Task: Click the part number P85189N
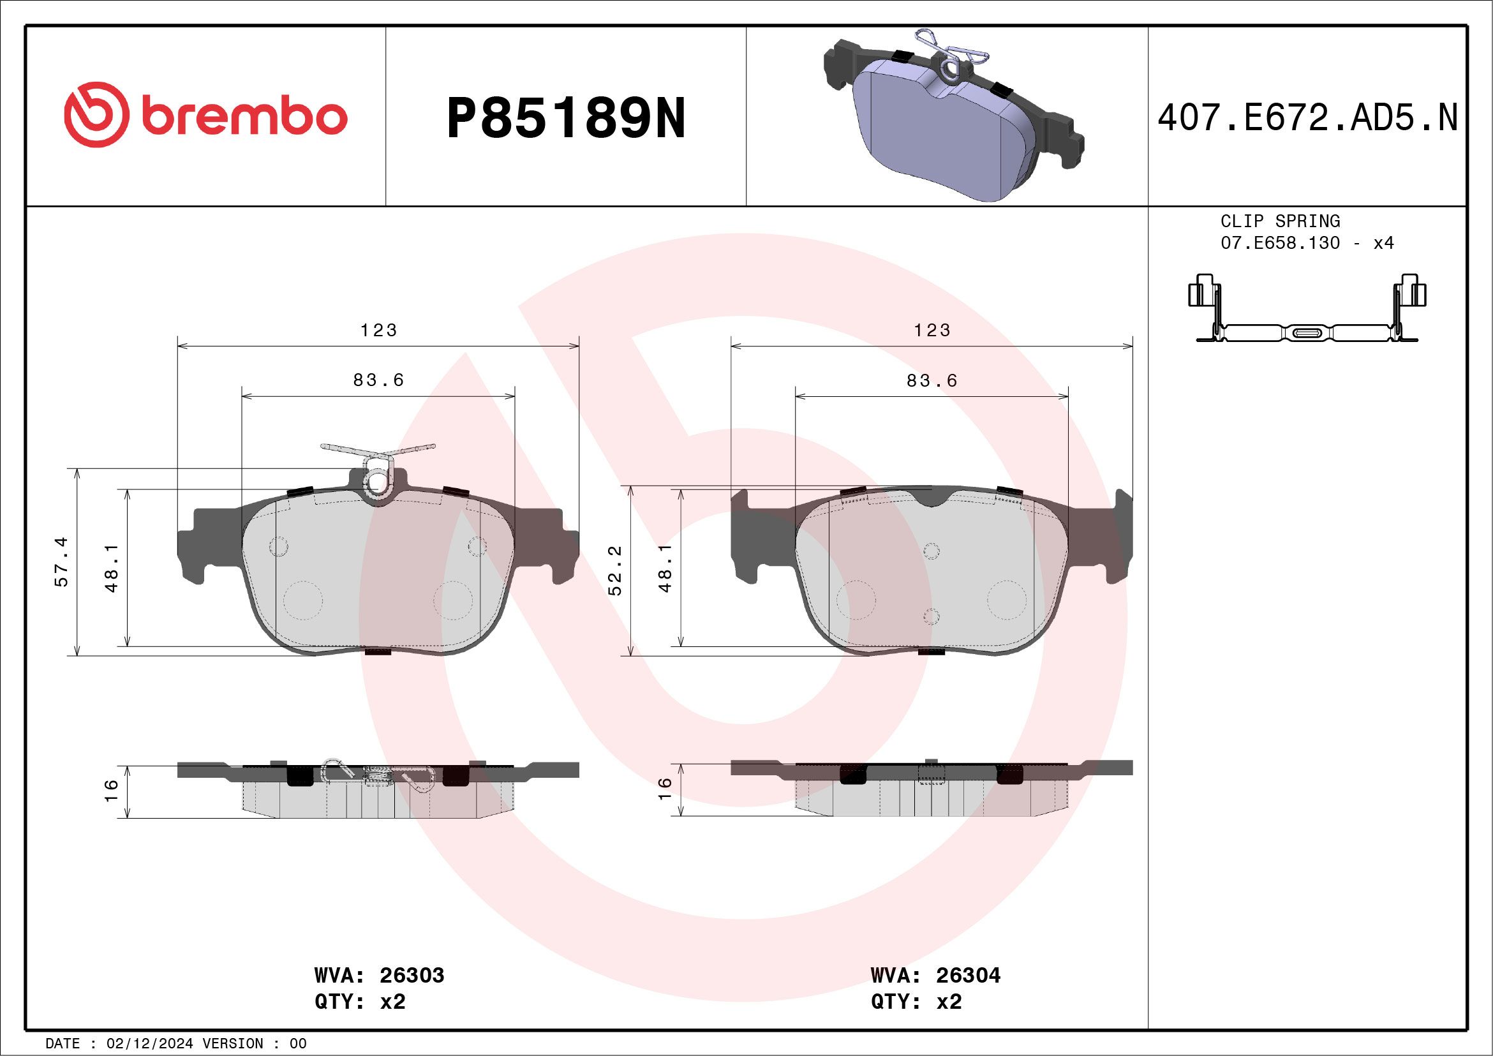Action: (566, 118)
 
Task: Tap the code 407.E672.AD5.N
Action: (1307, 118)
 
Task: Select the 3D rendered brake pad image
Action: (952, 117)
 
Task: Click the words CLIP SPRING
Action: (1280, 221)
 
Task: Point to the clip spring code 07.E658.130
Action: (1280, 243)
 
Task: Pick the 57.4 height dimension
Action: (62, 563)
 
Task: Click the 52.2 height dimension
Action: (615, 570)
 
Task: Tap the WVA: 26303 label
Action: (379, 976)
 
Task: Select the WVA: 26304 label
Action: (935, 976)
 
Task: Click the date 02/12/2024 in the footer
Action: (149, 1044)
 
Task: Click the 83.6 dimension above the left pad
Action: (378, 380)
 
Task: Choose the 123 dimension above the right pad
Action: (932, 331)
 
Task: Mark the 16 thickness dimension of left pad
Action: (112, 790)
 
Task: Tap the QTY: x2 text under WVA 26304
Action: (916, 1002)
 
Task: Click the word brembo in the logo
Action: (244, 117)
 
